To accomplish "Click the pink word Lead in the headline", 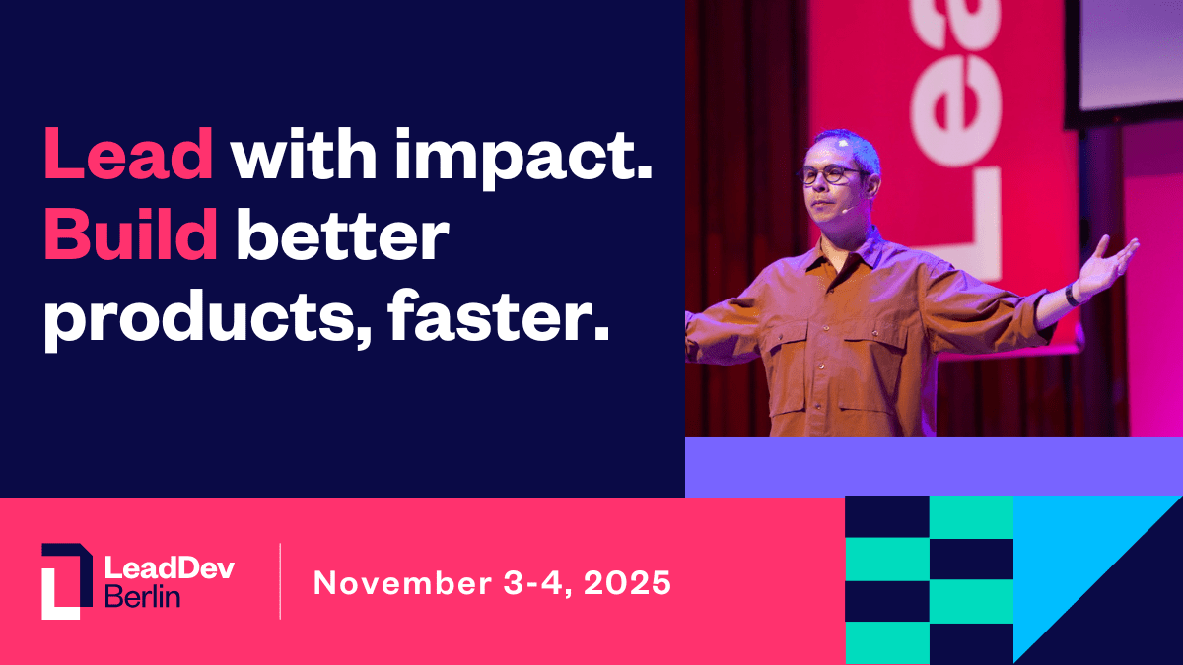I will (128, 155).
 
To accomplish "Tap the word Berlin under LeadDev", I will (142, 597).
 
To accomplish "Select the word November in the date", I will (397, 582).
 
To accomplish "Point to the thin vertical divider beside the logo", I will (280, 581).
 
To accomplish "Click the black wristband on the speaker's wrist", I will (1074, 294).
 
